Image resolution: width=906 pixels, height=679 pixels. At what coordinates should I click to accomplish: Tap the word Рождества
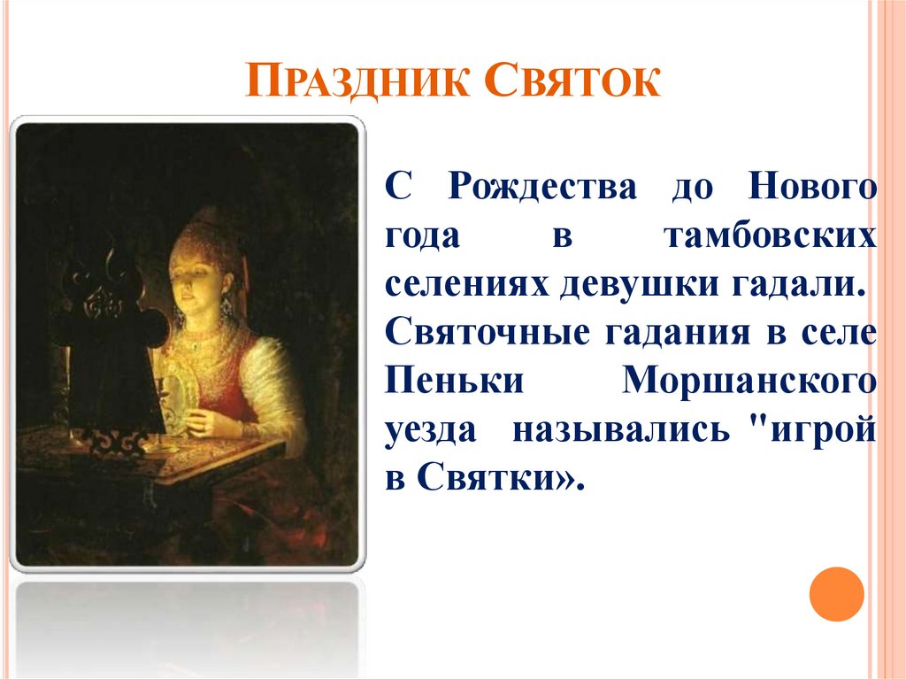pos(542,189)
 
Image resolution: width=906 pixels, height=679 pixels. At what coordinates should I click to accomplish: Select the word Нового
pos(812,187)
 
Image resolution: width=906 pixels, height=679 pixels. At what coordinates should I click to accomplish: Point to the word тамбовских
pos(771,236)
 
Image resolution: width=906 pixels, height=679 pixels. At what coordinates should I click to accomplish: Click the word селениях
pos(465,285)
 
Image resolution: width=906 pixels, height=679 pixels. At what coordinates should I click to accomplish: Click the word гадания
pos(678,335)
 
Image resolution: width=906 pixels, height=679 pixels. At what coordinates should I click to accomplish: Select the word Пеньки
pos(454,381)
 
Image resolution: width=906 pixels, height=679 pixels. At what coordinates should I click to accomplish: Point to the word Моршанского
pos(749,382)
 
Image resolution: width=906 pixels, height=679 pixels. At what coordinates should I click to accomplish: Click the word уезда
pos(431,431)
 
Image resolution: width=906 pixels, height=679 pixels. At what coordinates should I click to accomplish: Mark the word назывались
pos(621,431)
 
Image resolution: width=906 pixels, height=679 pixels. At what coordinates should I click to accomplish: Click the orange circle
pos(836,594)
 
